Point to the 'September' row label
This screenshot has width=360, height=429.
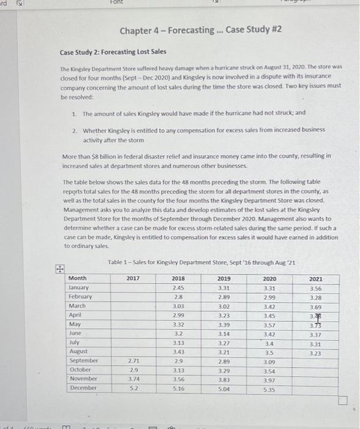(x=83, y=360)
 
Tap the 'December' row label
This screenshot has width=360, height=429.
(x=83, y=388)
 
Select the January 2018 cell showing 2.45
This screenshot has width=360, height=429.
(x=178, y=287)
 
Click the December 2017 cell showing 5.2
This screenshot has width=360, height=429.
(x=133, y=388)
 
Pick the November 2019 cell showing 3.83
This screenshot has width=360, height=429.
(x=223, y=379)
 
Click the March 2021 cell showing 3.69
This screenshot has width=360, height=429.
(x=315, y=305)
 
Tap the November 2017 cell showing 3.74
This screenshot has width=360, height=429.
(x=133, y=379)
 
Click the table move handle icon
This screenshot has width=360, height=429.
(x=59, y=268)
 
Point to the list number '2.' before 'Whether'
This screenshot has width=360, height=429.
(x=74, y=131)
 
